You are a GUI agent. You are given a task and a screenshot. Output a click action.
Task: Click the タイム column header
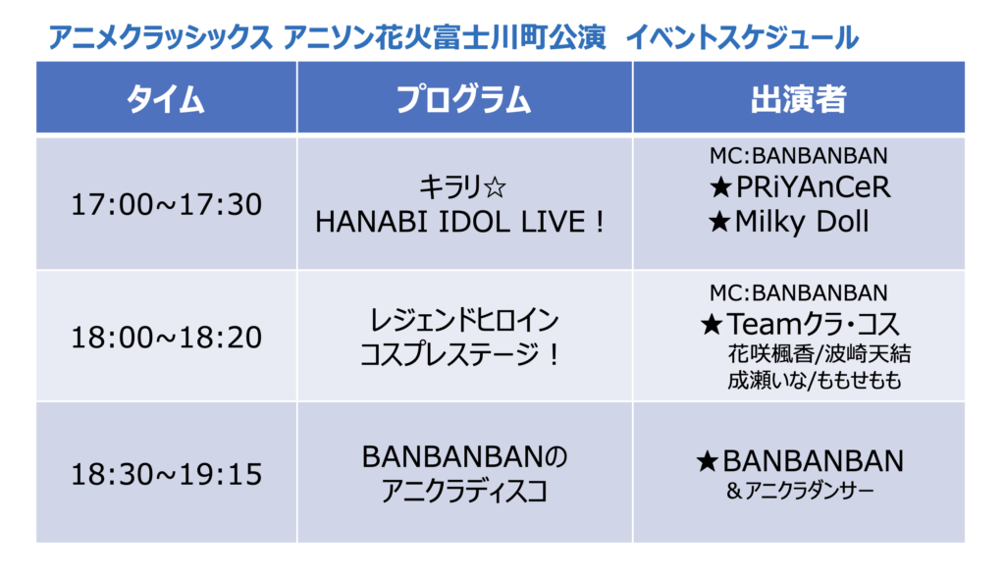(165, 99)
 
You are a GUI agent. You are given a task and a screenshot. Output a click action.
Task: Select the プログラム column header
(463, 99)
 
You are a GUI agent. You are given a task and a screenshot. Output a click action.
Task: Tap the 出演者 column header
(799, 99)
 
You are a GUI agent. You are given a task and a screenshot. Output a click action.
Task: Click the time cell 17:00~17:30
(166, 204)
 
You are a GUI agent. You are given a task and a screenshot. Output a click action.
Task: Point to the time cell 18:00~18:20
(166, 338)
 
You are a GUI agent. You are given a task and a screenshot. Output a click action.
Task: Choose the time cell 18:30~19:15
(166, 474)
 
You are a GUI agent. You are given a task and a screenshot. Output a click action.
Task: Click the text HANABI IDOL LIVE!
(460, 222)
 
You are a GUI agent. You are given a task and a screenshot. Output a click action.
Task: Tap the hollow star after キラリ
(495, 187)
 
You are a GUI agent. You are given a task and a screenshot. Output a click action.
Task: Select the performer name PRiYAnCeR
(813, 187)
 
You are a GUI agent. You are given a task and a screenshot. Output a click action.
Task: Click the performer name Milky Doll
(802, 222)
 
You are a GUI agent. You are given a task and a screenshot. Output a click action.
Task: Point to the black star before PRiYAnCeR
(721, 187)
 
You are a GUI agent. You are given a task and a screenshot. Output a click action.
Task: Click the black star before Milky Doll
(719, 223)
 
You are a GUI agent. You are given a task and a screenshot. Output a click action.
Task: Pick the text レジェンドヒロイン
(464, 320)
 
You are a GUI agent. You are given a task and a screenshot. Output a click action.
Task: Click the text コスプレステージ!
(460, 354)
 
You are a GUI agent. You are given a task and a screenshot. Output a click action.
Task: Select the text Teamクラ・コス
(813, 324)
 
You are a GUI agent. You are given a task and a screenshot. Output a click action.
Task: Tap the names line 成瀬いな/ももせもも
(815, 381)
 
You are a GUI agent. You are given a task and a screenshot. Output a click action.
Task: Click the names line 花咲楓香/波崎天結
(820, 354)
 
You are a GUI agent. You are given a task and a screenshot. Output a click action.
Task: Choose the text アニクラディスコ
(464, 492)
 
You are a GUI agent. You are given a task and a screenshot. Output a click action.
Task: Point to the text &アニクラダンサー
(800, 491)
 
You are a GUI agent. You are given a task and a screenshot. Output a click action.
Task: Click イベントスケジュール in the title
(742, 38)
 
